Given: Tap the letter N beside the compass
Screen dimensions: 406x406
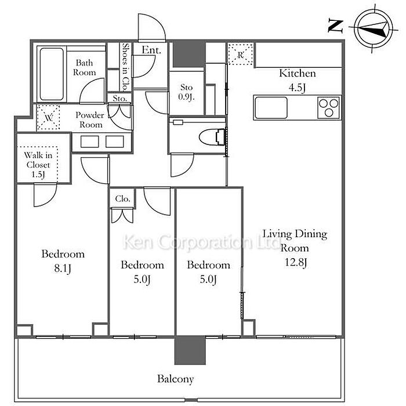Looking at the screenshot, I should point(335,26).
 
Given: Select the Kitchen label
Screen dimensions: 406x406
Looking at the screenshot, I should point(298,74).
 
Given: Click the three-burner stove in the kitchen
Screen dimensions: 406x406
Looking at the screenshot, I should point(328,107).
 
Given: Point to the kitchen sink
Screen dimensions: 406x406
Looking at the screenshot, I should point(271,107).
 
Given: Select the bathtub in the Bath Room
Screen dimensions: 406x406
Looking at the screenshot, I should point(52,74).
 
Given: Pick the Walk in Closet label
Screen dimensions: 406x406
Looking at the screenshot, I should point(37,165).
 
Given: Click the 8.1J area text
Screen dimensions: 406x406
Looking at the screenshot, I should point(63,269).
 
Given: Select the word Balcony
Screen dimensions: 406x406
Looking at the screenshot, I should point(175,379).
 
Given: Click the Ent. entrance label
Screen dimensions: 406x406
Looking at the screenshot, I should point(151,51).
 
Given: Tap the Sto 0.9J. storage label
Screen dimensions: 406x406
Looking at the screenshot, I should point(186,92).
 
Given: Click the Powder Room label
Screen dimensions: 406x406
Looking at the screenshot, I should point(89,119).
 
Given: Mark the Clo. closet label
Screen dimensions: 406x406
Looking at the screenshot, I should point(122,198).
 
